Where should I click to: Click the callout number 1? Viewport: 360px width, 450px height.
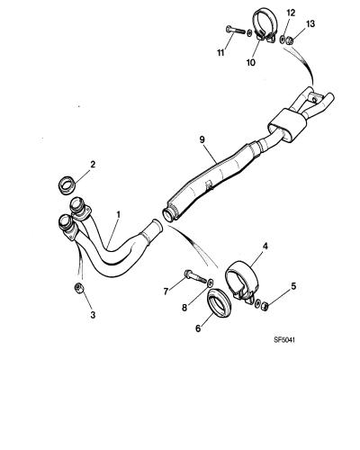pos(119,214)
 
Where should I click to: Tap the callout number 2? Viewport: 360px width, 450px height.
pos(93,164)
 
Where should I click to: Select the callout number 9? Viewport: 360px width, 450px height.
pos(202,139)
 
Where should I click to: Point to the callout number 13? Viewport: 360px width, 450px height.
pos(310,23)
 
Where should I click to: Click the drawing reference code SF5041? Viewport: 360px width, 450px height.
pos(284,340)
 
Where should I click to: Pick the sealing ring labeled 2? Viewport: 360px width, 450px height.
pos(67,185)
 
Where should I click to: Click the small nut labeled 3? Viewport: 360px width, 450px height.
pos(78,288)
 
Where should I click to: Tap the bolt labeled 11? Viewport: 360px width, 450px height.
pos(235,31)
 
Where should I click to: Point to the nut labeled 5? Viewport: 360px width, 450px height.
pos(265,306)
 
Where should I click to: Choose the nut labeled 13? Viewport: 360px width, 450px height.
pos(288,40)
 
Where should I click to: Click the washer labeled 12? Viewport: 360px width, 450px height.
pos(282,40)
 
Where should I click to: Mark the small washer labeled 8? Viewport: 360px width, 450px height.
pos(211,282)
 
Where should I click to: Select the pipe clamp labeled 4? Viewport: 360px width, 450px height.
pos(242,281)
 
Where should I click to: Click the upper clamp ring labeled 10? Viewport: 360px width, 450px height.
pos(266,25)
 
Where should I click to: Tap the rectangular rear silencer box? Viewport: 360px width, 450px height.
pos(287,124)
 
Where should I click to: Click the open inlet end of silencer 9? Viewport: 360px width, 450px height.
pos(168,215)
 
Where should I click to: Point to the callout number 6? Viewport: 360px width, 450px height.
pos(198,328)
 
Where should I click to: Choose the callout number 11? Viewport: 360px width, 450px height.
pos(220,53)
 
